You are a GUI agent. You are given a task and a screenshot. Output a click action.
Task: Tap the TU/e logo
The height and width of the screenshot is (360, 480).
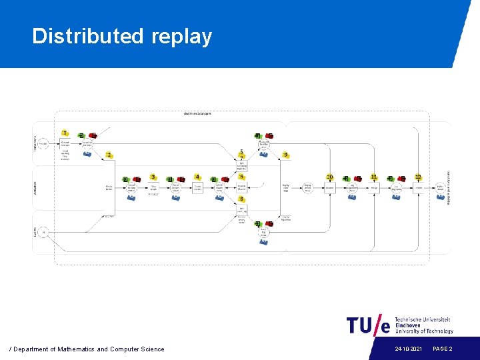[368, 325]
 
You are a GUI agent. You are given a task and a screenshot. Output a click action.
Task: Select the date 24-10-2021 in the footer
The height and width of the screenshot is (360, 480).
[408, 349]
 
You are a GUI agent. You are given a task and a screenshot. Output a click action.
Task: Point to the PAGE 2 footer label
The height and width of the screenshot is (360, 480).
[443, 349]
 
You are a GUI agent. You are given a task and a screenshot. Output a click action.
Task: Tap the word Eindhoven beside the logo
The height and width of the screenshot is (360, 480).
[409, 325]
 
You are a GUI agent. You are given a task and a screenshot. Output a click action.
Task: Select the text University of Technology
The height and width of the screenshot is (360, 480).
[424, 331]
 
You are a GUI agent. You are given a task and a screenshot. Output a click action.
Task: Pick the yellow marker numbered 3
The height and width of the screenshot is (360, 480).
[153, 177]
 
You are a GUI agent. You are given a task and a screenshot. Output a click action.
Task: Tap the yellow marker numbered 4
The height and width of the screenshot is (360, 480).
[197, 177]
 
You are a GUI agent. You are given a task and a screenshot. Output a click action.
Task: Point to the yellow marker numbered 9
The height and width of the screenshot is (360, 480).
[285, 155]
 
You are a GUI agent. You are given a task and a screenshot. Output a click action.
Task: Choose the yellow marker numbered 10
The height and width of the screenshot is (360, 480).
[329, 177]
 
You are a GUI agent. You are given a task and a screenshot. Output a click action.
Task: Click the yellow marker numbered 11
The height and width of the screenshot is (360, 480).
[374, 177]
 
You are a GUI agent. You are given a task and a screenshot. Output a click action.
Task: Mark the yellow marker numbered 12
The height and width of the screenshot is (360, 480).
[418, 177]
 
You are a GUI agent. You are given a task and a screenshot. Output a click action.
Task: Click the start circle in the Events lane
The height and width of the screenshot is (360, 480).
[43, 232]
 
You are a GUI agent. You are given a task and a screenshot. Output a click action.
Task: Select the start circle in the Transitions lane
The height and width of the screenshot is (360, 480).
[43, 143]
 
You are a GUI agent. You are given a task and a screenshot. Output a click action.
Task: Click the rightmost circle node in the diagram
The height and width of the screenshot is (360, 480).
[440, 188]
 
